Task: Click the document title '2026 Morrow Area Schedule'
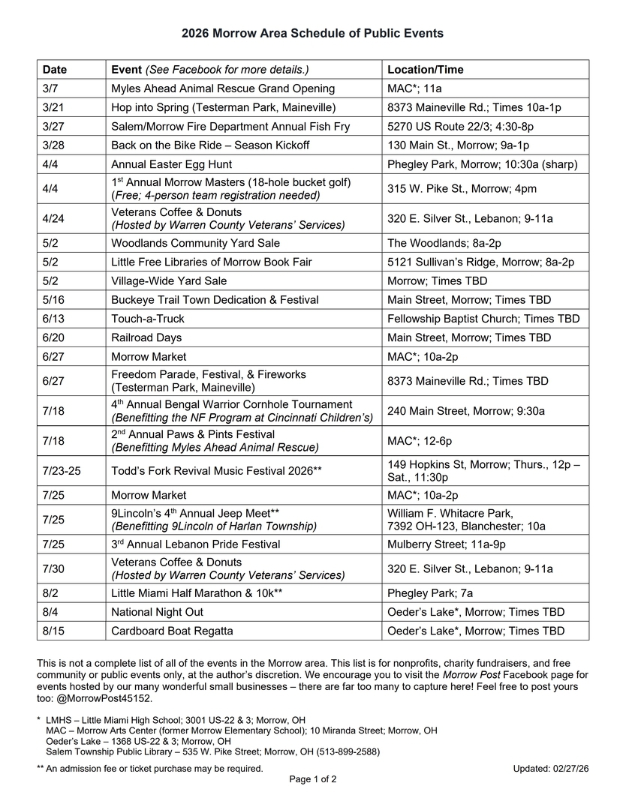click(x=312, y=34)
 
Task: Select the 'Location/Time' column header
click(x=425, y=70)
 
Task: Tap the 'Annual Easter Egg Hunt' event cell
click(x=171, y=164)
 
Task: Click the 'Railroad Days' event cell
click(x=146, y=337)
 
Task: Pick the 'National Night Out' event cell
click(x=158, y=612)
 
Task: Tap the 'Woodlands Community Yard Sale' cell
click(x=195, y=243)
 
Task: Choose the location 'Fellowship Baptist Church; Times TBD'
click(x=483, y=319)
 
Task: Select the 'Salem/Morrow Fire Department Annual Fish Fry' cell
click(x=230, y=126)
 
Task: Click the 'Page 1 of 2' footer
click(x=312, y=779)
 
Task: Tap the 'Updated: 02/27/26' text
click(x=551, y=768)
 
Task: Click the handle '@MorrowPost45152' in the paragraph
click(x=108, y=697)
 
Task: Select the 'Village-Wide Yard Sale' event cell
click(x=169, y=280)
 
